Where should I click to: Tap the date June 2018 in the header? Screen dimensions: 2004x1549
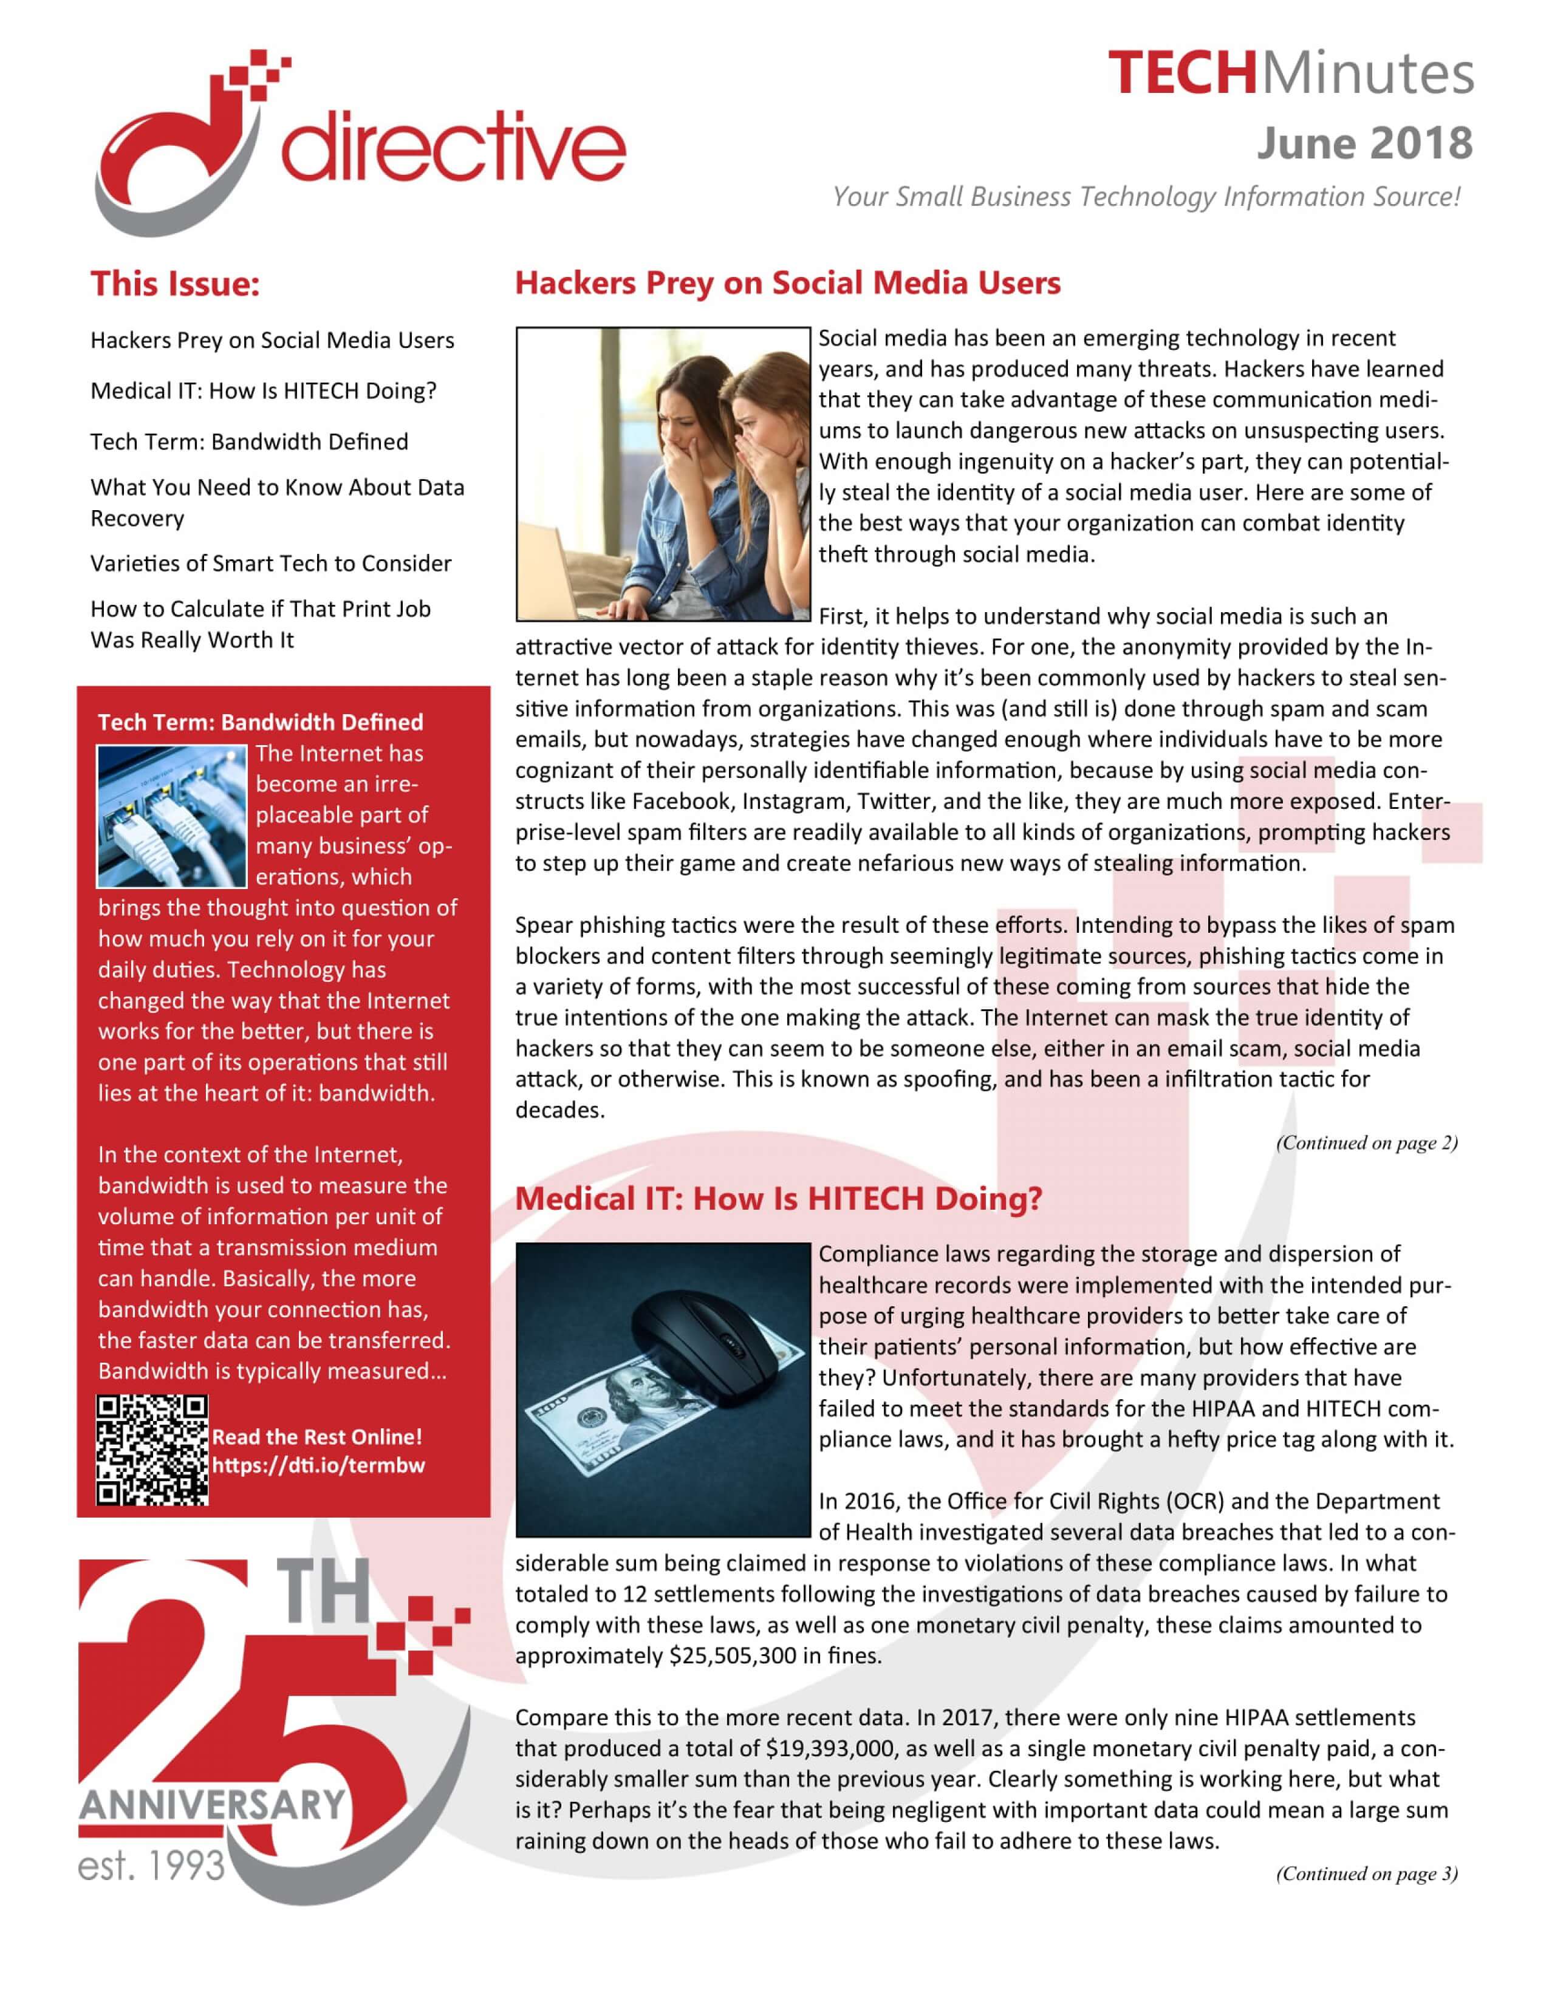(x=1364, y=143)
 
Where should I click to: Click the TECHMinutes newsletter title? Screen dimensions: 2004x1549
(x=1290, y=73)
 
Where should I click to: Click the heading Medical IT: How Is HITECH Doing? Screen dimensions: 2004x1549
(x=778, y=1198)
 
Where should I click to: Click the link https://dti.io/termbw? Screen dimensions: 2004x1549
(x=318, y=1465)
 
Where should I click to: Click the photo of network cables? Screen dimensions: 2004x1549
(x=171, y=816)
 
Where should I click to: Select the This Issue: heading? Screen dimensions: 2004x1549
(x=174, y=284)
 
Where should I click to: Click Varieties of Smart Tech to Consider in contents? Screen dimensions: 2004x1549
(x=271, y=564)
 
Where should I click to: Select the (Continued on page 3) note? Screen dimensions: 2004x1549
(x=1366, y=1873)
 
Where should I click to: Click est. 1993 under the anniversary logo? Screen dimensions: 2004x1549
(x=151, y=1864)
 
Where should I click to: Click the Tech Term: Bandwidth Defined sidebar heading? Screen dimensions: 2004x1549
(x=261, y=722)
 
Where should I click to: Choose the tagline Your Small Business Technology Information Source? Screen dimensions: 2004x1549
(x=1145, y=196)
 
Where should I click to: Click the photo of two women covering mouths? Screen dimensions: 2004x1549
(x=663, y=474)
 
